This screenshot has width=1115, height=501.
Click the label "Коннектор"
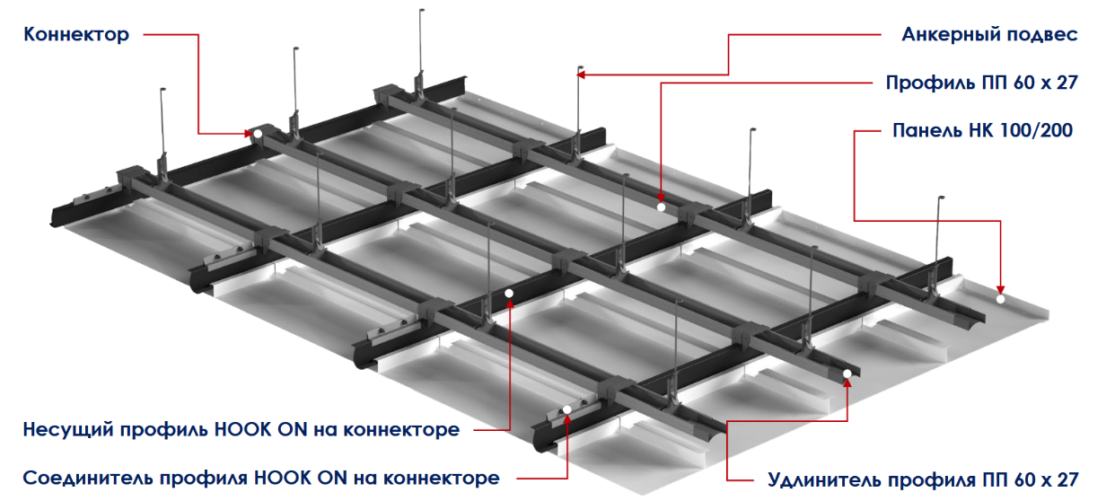pyautogui.click(x=76, y=35)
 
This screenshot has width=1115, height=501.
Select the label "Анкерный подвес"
pyautogui.click(x=989, y=35)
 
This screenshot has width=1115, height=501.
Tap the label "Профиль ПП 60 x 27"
pyautogui.click(x=981, y=83)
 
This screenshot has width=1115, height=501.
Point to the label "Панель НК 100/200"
pyautogui.click(x=982, y=130)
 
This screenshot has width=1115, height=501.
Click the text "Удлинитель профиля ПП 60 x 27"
pyautogui.click(x=923, y=479)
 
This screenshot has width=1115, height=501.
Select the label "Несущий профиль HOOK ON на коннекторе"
pyautogui.click(x=241, y=429)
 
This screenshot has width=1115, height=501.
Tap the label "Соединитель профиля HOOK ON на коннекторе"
pyautogui.click(x=261, y=478)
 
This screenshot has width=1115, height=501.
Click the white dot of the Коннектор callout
pyautogui.click(x=258, y=134)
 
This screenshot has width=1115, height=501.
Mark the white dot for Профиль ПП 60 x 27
pyautogui.click(x=661, y=207)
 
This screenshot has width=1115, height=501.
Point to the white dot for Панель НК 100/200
pyautogui.click(x=1000, y=299)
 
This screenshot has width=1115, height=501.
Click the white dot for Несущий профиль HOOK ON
pyautogui.click(x=509, y=294)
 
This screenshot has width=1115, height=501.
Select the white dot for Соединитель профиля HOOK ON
pyautogui.click(x=567, y=409)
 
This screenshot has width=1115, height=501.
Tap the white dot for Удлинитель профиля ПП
pyautogui.click(x=847, y=374)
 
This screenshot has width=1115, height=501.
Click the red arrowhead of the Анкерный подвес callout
pyautogui.click(x=581, y=75)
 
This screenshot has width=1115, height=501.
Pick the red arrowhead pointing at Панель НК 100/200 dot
pyautogui.click(x=1000, y=291)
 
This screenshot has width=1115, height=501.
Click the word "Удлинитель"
pyautogui.click(x=821, y=480)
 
